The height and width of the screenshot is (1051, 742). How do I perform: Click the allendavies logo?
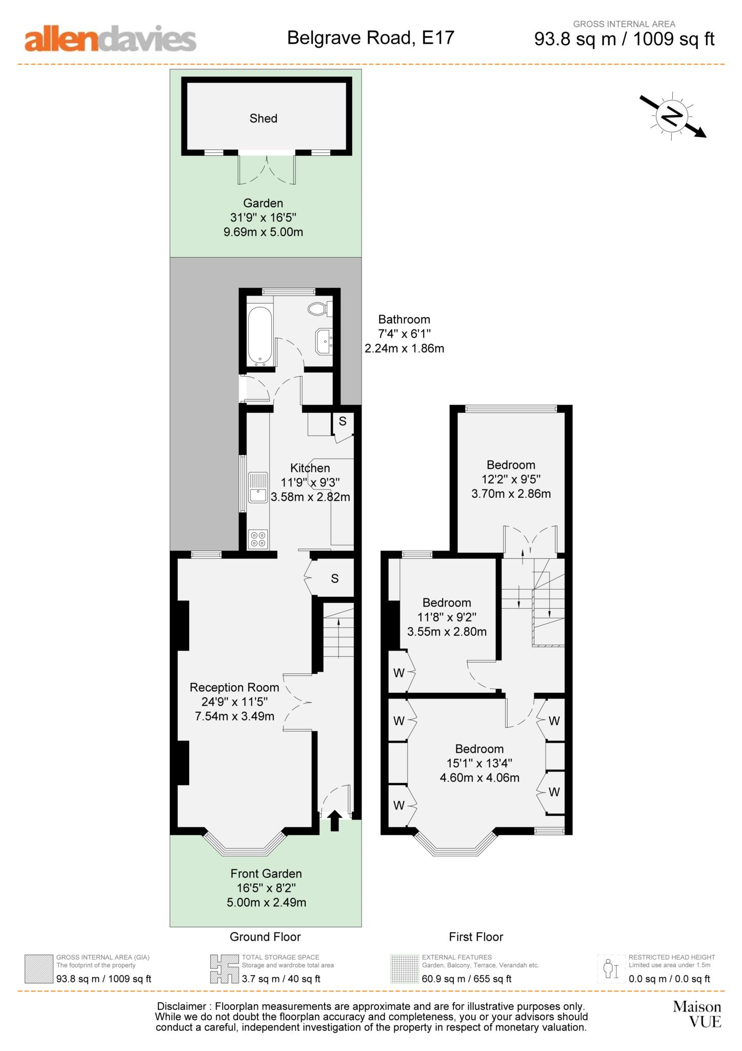pos(110,40)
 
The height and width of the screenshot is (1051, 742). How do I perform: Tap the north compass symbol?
pos(672,116)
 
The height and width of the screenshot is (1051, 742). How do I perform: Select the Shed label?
pos(263,119)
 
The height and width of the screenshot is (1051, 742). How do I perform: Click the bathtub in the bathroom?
pos(259,336)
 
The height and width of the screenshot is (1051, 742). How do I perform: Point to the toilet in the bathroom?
pos(319,308)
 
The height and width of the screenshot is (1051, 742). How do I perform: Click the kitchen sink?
pos(258,488)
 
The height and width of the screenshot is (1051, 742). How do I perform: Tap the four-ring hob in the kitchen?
pos(258,539)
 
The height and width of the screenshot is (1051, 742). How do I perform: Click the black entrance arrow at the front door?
pos(334,820)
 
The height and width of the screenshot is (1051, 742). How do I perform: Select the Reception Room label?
pos(234,688)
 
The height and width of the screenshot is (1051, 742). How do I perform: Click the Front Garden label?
pos(266,873)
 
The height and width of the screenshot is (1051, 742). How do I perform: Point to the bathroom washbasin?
pos(325,341)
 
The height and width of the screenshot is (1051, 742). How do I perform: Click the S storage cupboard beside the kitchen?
pos(343,422)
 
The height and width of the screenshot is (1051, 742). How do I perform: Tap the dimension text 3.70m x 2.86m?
pos(511,494)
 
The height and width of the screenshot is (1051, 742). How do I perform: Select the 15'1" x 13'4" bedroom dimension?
pos(479,763)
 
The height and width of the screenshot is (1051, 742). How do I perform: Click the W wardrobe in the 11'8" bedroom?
pos(399,673)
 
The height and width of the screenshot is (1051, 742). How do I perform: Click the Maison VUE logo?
pos(697,1014)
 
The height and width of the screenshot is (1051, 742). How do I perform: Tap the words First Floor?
pos(476,937)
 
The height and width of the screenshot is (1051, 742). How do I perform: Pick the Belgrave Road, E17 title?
pos(370,38)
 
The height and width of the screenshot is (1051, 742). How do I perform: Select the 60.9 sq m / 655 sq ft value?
pos(467,979)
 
